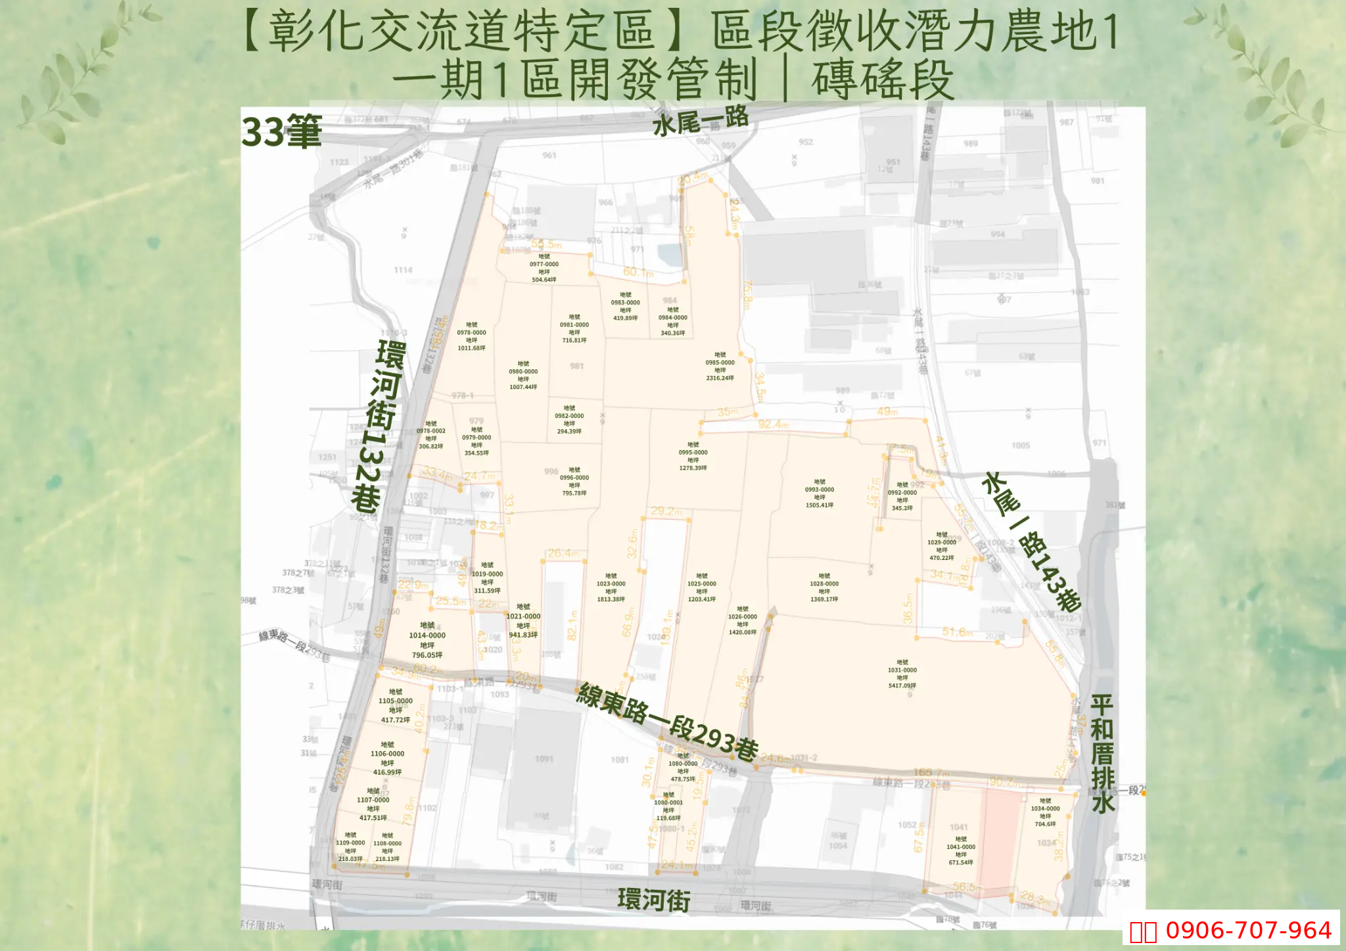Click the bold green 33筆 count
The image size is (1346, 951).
pos(281,131)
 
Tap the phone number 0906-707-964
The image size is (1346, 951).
pos(1247,930)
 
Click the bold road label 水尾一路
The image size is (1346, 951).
pos(701,122)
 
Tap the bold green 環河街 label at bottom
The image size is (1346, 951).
pos(653,900)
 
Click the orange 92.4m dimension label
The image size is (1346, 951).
pos(773,425)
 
